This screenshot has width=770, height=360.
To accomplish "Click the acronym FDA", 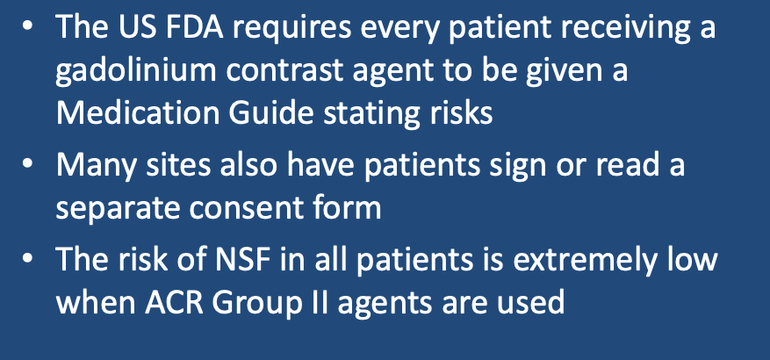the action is coord(193,27).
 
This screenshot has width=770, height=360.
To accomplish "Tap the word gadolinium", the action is coord(135,72).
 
